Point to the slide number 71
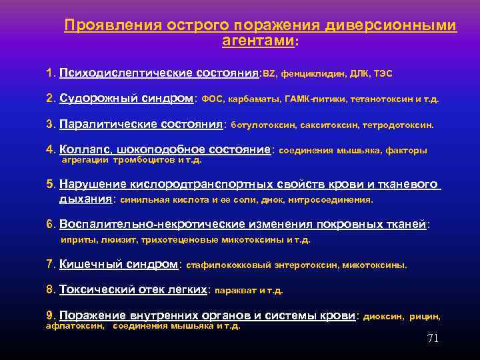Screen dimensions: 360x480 click(x=433, y=338)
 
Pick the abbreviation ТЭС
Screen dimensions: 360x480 click(x=382, y=72)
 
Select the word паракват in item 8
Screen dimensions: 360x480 click(x=235, y=290)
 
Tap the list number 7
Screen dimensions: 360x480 click(x=51, y=264)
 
